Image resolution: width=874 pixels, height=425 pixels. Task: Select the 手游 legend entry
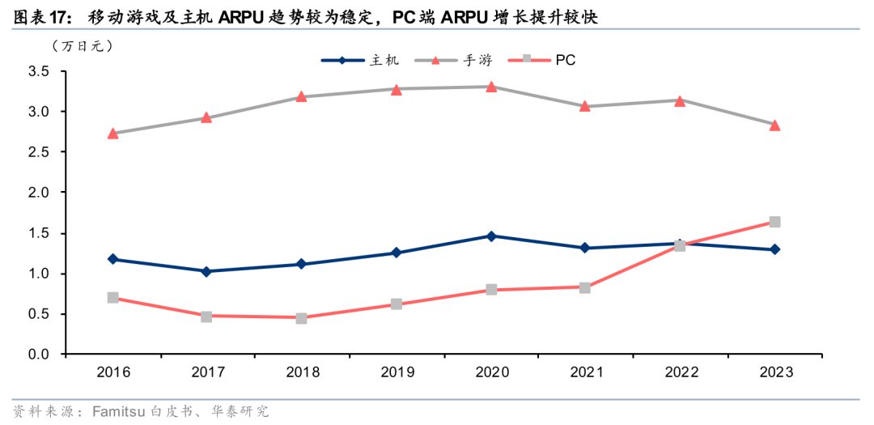(458, 60)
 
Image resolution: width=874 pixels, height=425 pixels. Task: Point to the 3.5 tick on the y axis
(37, 72)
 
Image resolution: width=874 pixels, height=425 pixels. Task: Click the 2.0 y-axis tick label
(37, 193)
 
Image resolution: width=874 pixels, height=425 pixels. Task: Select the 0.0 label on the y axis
(37, 355)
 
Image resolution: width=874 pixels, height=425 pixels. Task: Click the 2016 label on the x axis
(112, 372)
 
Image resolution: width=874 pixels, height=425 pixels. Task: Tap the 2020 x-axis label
(491, 372)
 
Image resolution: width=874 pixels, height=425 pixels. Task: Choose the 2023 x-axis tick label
(774, 372)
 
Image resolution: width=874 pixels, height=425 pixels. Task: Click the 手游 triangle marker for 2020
(491, 87)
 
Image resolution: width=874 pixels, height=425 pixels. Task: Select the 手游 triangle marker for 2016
(112, 133)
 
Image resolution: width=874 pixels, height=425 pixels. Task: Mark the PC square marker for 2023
(774, 222)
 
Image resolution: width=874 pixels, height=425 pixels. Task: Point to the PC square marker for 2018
(301, 318)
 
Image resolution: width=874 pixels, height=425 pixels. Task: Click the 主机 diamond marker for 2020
(491, 236)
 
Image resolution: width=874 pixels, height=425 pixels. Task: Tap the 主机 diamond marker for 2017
(206, 271)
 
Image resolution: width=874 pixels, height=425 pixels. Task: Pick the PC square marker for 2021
(585, 287)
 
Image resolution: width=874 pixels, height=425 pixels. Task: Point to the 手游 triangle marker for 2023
(774, 125)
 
